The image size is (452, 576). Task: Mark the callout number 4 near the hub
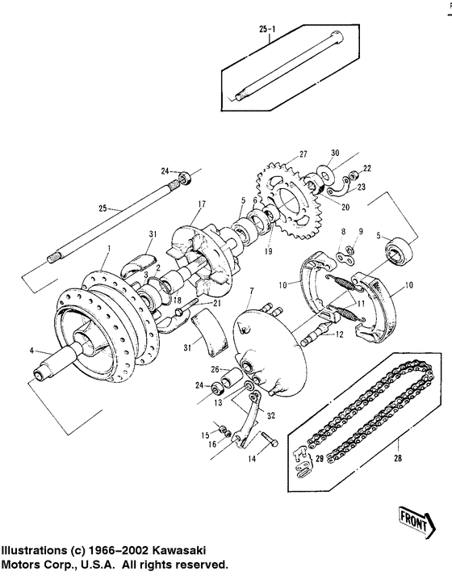(x=32, y=351)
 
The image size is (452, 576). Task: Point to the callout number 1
(x=104, y=251)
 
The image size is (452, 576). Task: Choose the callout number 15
(x=206, y=436)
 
